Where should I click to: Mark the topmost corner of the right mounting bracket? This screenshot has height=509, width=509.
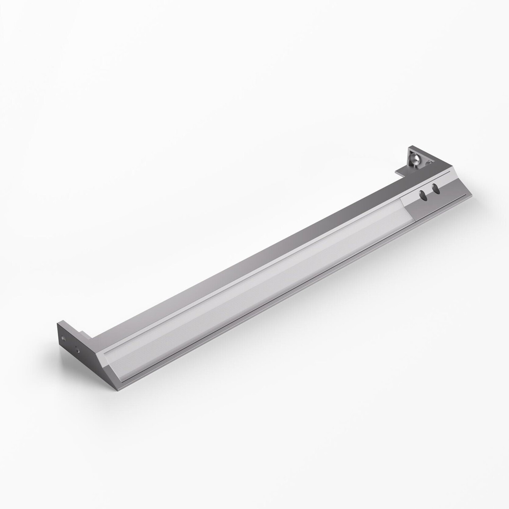[x=409, y=147]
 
